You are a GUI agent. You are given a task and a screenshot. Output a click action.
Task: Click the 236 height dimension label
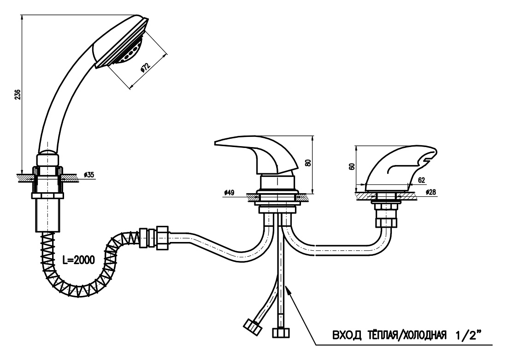[18, 94]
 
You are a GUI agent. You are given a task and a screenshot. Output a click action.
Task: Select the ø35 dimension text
[88, 175]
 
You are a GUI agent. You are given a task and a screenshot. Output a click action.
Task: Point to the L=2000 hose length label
[79, 260]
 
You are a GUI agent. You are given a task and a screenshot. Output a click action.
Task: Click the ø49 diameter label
[229, 193]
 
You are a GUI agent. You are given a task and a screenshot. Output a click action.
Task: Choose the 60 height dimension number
[352, 166]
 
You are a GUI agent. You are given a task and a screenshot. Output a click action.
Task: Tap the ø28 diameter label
[430, 192]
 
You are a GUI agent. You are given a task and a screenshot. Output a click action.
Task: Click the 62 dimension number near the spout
[421, 181]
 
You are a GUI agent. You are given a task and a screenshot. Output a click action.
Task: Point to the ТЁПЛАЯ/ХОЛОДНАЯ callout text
[407, 335]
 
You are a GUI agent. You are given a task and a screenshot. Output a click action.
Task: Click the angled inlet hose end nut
[253, 326]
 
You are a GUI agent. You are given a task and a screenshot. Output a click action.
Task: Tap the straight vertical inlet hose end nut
[281, 333]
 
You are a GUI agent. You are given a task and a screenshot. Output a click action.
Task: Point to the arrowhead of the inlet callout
[288, 289]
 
